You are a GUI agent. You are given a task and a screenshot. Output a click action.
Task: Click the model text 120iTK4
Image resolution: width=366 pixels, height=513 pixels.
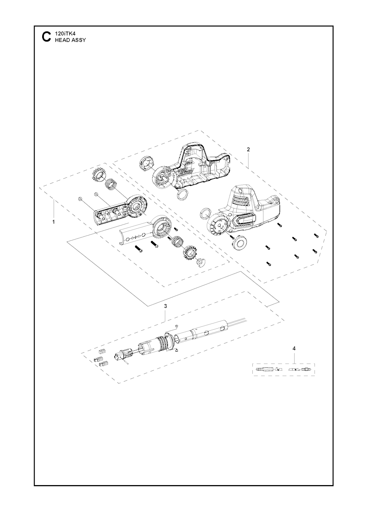point(63,34)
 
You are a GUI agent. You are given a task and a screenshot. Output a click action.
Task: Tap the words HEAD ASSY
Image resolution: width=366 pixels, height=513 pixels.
point(70,40)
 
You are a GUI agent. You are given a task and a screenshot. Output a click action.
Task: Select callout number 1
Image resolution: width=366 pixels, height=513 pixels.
point(54,222)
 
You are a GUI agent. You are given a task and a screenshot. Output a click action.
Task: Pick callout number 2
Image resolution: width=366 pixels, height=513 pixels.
point(248,149)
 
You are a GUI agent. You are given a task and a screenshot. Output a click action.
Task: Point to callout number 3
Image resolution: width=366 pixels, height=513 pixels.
point(165,306)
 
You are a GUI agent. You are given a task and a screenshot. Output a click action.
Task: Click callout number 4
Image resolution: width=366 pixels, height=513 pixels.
point(294,355)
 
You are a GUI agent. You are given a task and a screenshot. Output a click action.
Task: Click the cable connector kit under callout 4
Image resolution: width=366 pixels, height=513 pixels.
point(283,369)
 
